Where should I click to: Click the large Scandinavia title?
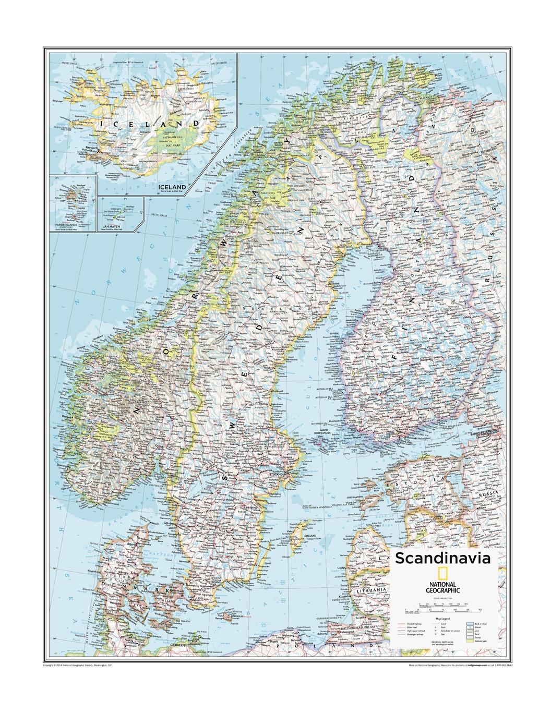pyautogui.click(x=442, y=558)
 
